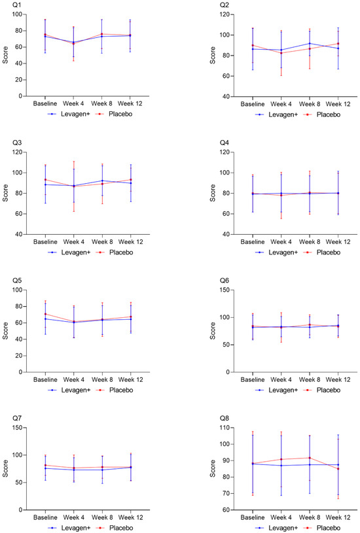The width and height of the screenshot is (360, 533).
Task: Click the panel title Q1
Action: coord(16,5)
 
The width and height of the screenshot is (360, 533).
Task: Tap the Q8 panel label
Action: coord(225,418)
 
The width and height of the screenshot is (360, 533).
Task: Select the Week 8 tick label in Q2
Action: coord(310,104)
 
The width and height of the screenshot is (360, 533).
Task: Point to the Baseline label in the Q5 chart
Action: coord(45,379)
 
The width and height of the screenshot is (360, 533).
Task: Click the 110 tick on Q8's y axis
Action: coord(225,428)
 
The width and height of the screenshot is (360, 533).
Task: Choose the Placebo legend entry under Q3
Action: coord(115,252)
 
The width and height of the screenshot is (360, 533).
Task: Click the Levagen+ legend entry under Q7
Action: coord(69,528)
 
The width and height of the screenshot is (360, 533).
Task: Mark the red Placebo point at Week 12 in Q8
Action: coord(338,469)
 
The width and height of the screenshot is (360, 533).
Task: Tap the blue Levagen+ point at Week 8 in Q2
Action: coord(310,44)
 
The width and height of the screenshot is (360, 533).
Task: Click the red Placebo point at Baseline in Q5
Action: coord(45,314)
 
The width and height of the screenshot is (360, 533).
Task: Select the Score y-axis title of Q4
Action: coord(213,193)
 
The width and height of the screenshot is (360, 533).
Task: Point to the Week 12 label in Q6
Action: coord(338,379)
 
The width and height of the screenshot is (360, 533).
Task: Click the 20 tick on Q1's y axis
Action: coord(18,80)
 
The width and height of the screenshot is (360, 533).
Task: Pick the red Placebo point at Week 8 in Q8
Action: coord(310,458)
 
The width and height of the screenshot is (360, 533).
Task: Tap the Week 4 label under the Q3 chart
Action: coord(74,242)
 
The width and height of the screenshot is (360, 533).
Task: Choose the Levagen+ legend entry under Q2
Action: coord(277,114)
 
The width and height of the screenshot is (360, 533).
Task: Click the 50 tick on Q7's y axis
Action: coord(19,483)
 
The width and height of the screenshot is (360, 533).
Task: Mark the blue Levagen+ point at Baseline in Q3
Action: coord(45,184)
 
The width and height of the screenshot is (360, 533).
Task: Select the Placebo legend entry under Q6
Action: coord(322,390)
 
